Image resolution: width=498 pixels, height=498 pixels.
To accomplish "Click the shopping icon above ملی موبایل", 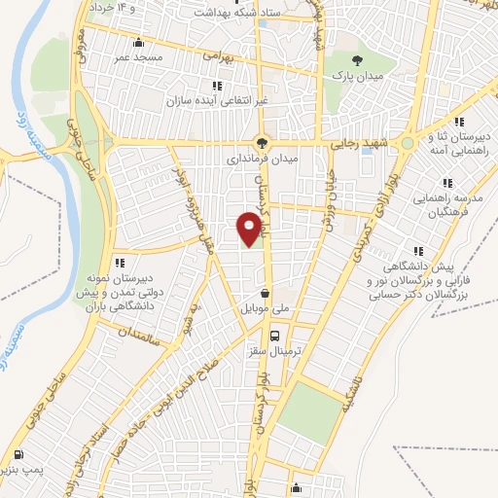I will [x=266, y=291].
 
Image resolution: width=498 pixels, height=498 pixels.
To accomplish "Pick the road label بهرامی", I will [x=217, y=57].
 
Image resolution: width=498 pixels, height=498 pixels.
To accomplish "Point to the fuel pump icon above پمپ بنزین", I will [x=19, y=455].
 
